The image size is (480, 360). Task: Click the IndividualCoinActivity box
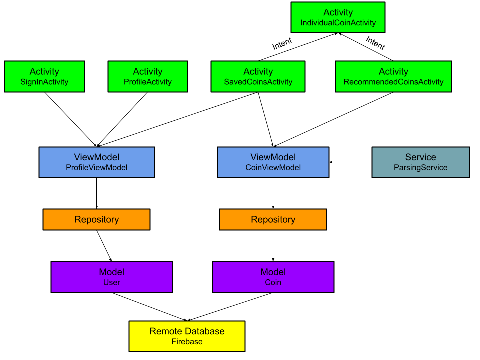[338, 17]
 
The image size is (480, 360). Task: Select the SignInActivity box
[44, 77]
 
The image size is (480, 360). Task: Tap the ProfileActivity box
[148, 77]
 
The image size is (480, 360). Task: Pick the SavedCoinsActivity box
[258, 77]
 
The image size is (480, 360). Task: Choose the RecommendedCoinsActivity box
[393, 77]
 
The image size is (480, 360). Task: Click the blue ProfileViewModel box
[97, 162]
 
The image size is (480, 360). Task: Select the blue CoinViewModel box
[273, 162]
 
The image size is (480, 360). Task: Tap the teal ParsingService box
[421, 162]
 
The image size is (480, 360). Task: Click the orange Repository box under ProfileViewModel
[96, 220]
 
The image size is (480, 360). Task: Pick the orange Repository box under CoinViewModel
[273, 220]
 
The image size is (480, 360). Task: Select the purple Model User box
[112, 277]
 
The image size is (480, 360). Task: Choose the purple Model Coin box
[273, 277]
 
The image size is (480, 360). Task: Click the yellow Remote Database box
[187, 336]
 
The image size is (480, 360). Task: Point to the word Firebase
[187, 342]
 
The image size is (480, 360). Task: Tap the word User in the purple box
[112, 283]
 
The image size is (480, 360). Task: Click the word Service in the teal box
[421, 157]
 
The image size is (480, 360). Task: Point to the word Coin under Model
[273, 283]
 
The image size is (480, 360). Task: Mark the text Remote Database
[187, 331]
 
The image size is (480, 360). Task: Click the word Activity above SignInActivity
[44, 72]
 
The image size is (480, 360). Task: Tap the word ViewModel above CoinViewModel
[273, 157]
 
